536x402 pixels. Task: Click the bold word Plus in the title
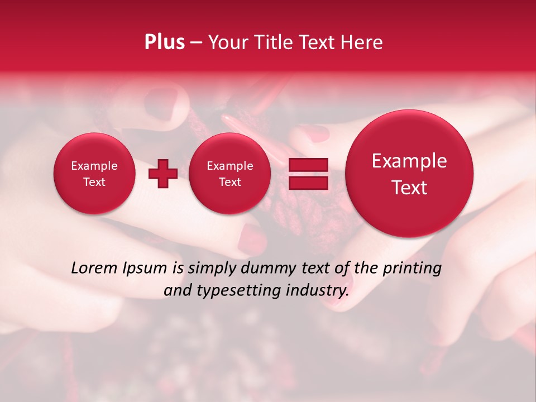[x=164, y=42]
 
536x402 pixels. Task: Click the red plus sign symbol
[x=163, y=174]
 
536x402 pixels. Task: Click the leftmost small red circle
[x=94, y=174]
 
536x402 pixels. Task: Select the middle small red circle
[x=229, y=174]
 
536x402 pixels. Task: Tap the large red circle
[x=409, y=174]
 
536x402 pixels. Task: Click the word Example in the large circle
[x=409, y=161]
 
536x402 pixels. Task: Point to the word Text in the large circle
[x=409, y=188]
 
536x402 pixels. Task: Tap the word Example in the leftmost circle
[x=94, y=166]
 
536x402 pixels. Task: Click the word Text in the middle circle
[x=229, y=182]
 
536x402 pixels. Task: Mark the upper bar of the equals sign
[x=308, y=165]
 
